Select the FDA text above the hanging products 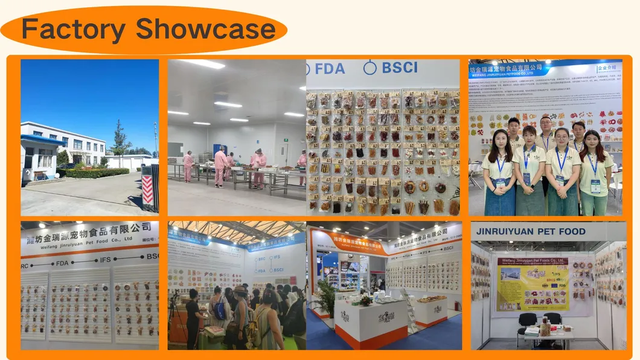[329, 68]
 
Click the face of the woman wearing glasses [562, 138]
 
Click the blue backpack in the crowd [219, 309]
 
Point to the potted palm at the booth [326, 296]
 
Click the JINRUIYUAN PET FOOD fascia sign [531, 231]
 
